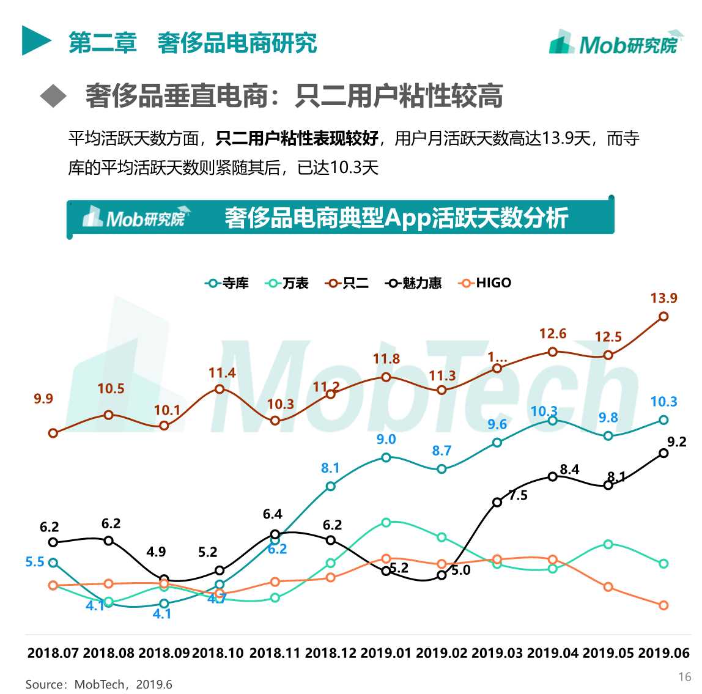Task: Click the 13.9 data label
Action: point(663,298)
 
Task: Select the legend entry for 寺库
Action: point(227,283)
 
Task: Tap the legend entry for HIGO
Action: point(485,283)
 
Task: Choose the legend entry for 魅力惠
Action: point(413,283)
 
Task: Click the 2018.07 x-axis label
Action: point(53,653)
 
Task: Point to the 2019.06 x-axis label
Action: point(663,653)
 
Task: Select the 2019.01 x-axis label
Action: point(386,653)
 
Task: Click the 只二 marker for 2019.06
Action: point(663,316)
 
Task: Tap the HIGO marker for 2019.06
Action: point(663,605)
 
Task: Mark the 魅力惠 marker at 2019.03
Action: point(497,502)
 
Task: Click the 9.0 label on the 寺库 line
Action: point(386,440)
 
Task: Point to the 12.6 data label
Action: point(553,334)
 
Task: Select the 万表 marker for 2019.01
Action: point(386,522)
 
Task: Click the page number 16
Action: point(684,676)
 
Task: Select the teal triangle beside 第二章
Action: point(35,41)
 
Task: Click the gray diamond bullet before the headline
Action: point(53,96)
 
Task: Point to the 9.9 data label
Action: point(43,399)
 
